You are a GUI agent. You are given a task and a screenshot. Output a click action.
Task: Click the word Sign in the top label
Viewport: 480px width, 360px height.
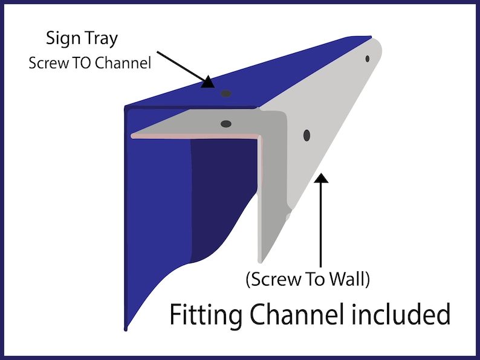point(63,39)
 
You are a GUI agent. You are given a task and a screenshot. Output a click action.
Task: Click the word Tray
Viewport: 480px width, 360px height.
point(102,39)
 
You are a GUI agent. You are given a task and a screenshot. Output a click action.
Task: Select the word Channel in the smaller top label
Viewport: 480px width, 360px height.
point(123,63)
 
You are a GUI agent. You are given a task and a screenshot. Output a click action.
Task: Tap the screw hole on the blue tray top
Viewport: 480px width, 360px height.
point(226,93)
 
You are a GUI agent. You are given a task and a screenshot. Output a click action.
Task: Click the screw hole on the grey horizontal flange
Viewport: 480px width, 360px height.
point(226,124)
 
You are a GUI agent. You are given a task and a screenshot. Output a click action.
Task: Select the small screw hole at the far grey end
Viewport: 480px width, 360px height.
point(368,59)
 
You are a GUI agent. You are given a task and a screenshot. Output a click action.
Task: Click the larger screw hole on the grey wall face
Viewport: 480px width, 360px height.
point(306,135)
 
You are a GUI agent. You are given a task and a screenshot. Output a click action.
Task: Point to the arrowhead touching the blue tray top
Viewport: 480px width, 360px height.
point(208,82)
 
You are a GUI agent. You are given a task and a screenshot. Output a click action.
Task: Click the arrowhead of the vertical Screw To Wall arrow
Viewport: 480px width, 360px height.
point(321,178)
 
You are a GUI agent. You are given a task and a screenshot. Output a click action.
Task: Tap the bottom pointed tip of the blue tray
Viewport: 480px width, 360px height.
point(126,330)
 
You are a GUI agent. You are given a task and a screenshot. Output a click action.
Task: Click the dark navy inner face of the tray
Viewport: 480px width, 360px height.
point(222,196)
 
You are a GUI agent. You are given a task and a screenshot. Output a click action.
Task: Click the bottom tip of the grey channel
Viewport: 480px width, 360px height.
point(260,262)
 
